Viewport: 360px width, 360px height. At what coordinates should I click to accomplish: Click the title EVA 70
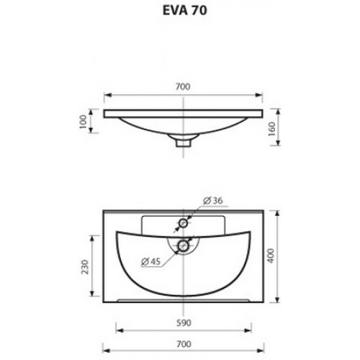coord(184,11)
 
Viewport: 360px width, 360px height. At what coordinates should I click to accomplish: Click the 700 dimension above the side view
coord(183,86)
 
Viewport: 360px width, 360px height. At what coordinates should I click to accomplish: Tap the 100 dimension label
coord(83,122)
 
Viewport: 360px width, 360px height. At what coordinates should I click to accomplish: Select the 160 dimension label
coord(272,129)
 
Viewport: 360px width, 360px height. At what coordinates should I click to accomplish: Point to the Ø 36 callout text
coord(213,200)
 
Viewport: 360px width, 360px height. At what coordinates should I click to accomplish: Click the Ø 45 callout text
coord(150,261)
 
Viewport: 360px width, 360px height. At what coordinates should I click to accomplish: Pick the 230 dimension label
coord(85,266)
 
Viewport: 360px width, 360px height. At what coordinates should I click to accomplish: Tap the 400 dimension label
coord(271,256)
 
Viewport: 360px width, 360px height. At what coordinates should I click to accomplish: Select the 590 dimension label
coord(184,323)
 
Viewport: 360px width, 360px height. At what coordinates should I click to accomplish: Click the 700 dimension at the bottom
coord(184,344)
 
